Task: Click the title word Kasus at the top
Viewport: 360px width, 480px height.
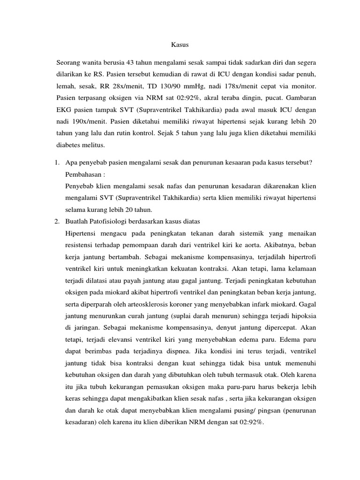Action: point(180,45)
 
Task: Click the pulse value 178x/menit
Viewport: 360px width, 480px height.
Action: point(252,87)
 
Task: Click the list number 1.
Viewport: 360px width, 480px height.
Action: point(56,162)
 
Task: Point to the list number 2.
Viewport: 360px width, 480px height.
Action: point(56,221)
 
